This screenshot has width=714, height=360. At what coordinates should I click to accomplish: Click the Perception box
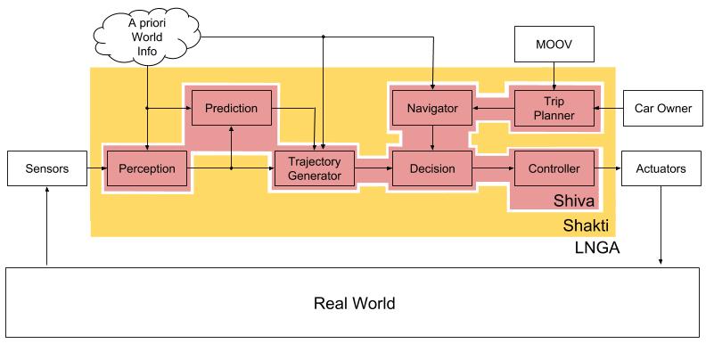(147, 168)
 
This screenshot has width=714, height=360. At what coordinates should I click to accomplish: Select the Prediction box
(231, 109)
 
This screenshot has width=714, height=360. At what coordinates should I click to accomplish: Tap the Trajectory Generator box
(314, 168)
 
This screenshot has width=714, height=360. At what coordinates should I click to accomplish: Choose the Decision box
(432, 168)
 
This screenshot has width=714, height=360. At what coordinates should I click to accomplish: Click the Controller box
(554, 168)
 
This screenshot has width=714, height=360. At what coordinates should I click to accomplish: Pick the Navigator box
(432, 109)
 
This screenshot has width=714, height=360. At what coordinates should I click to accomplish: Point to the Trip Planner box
(554, 109)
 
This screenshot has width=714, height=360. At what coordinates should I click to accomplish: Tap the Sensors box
(45, 168)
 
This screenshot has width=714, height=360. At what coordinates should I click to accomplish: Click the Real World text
(355, 303)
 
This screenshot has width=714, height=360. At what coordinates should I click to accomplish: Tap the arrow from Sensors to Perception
(94, 168)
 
